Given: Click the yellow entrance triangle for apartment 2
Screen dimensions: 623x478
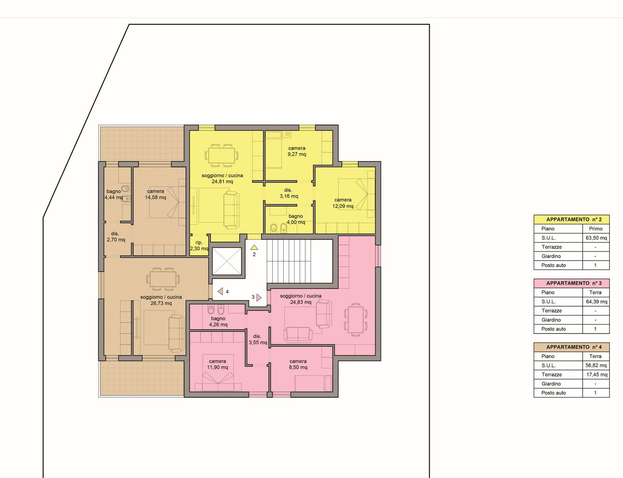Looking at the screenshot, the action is (x=254, y=247).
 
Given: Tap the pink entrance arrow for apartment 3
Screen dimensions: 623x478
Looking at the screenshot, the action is (x=259, y=297).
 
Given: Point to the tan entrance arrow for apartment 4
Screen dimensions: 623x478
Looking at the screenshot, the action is (x=220, y=291).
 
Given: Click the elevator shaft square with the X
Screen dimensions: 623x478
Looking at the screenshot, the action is (x=226, y=261).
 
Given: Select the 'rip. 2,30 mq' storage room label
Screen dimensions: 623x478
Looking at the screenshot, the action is (x=199, y=246).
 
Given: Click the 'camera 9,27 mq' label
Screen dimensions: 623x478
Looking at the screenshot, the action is (x=297, y=151).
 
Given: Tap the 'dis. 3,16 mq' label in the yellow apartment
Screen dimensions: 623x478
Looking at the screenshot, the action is (x=289, y=193).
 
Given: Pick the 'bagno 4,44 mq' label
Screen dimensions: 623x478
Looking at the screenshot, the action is (x=114, y=194).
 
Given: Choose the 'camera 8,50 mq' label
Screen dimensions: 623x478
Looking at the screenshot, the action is (x=298, y=365).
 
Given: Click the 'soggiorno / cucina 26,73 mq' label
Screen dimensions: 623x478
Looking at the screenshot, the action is (x=161, y=300).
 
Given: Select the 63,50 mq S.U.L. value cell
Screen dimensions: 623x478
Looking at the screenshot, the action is (x=596, y=238).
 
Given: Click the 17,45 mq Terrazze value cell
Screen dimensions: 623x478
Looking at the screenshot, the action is (x=596, y=374).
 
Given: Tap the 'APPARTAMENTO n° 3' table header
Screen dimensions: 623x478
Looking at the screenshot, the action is (x=572, y=283).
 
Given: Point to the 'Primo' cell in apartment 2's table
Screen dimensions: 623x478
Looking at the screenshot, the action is (x=596, y=229).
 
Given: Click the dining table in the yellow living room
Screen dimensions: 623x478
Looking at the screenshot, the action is (x=222, y=155).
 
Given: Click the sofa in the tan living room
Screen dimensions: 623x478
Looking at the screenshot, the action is (x=176, y=333).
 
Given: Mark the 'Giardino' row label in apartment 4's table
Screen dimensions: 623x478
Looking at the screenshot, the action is (x=551, y=383).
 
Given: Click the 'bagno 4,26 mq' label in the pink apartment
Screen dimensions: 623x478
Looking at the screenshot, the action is (x=218, y=321).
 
